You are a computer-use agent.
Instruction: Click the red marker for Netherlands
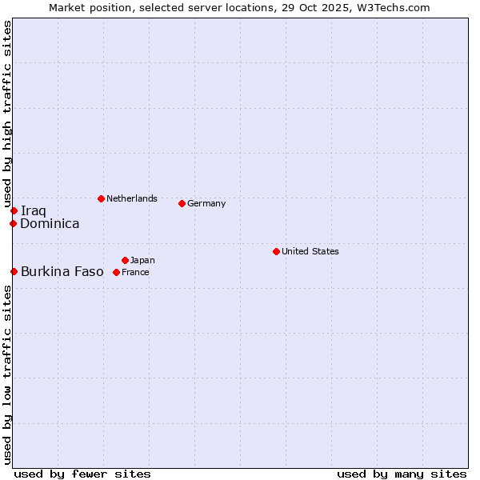[101, 198]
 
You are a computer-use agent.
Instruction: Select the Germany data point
[182, 203]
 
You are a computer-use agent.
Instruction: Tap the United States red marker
[276, 251]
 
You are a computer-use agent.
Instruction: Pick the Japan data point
[125, 260]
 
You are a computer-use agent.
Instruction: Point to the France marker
[116, 272]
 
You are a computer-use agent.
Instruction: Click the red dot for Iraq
[14, 210]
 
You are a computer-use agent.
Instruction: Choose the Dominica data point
[13, 223]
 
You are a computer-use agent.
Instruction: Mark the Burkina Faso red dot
[14, 271]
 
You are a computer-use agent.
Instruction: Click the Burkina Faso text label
[62, 271]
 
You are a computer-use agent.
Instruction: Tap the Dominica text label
[50, 224]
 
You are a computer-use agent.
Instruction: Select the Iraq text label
[33, 210]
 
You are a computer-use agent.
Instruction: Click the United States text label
[310, 251]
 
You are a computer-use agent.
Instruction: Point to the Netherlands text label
[131, 198]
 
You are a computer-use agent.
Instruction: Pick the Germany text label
[206, 203]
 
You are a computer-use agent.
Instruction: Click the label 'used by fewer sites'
[82, 474]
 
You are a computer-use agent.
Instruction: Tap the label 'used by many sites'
[402, 474]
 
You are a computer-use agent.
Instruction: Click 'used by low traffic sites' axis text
[7, 374]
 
